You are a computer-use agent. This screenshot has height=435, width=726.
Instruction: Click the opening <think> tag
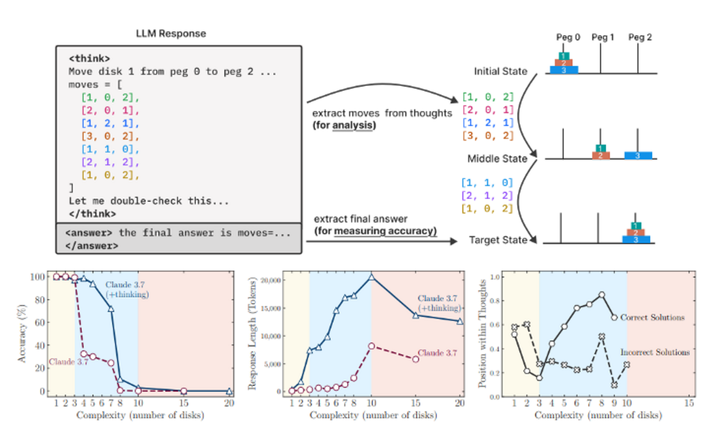click(x=89, y=58)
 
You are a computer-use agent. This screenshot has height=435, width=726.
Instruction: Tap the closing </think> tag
click(x=92, y=214)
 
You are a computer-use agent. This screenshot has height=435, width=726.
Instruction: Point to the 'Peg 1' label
click(x=603, y=37)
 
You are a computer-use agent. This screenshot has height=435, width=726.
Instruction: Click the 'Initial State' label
click(x=501, y=72)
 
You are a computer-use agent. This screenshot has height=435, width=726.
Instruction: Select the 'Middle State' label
click(x=497, y=158)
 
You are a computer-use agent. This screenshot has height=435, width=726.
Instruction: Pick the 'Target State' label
click(x=498, y=240)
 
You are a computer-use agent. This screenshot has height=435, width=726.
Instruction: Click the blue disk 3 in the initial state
click(x=564, y=70)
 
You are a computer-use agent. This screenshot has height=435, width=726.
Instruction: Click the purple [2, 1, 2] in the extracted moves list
click(x=487, y=196)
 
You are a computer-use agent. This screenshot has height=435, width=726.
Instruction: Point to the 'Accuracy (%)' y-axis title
click(x=22, y=333)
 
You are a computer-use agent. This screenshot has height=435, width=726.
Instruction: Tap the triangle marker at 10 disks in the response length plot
click(x=372, y=276)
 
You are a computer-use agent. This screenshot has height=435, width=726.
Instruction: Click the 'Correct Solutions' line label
click(x=652, y=318)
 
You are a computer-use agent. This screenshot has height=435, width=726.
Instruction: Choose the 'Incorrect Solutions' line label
click(x=655, y=352)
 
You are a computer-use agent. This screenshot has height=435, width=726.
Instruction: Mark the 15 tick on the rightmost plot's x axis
click(x=689, y=403)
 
